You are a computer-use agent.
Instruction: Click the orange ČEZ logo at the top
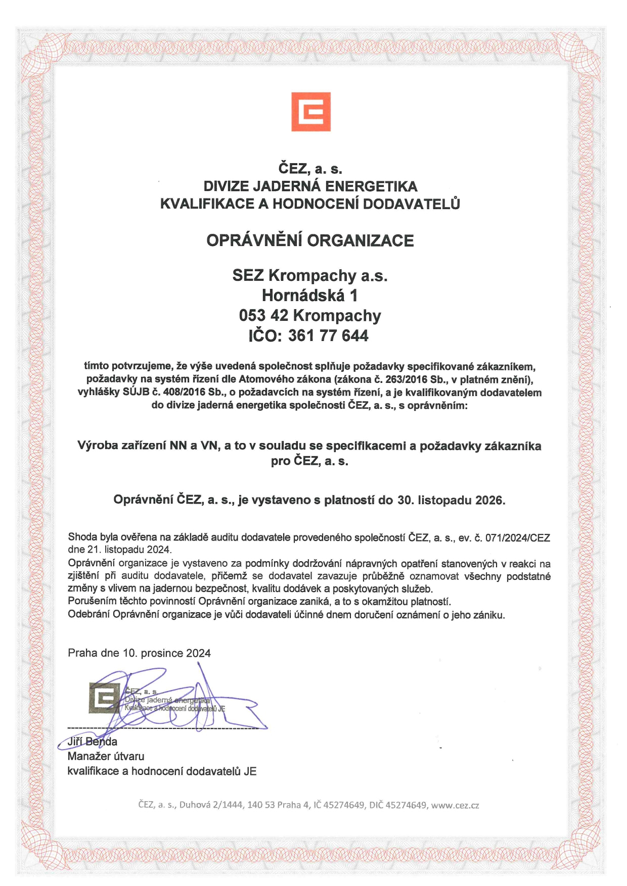[310, 112]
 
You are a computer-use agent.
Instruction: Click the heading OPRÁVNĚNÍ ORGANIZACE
[310, 240]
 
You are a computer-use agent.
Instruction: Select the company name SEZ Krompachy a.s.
[310, 276]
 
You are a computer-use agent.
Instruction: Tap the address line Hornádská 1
[310, 296]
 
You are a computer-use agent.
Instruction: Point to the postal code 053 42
[264, 316]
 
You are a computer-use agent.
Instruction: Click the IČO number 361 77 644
[328, 336]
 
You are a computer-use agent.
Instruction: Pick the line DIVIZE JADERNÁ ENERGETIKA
[310, 186]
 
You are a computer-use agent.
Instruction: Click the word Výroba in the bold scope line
[98, 446]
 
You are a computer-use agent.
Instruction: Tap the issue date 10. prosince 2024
[166, 653]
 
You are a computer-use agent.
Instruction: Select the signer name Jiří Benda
[93, 742]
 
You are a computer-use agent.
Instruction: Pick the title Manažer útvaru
[106, 756]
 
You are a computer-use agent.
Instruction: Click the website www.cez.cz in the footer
[455, 805]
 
